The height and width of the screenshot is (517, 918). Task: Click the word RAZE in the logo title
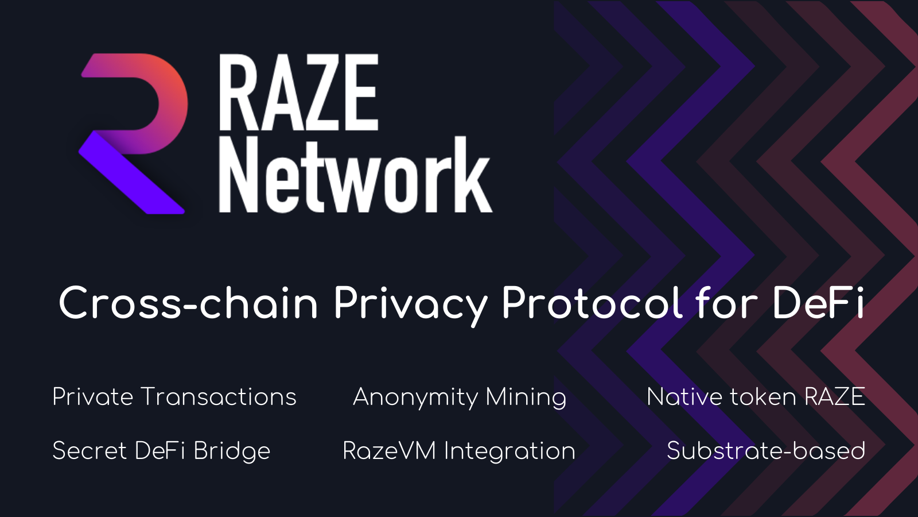(298, 93)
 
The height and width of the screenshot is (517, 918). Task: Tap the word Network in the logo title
(355, 175)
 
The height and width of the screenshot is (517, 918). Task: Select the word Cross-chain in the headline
(188, 303)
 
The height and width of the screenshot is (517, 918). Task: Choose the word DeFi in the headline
(818, 303)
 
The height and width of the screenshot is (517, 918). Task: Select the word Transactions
(219, 397)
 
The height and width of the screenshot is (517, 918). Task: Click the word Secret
(90, 451)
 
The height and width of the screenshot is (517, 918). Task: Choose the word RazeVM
(389, 451)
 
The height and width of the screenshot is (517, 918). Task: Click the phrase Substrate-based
(766, 451)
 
